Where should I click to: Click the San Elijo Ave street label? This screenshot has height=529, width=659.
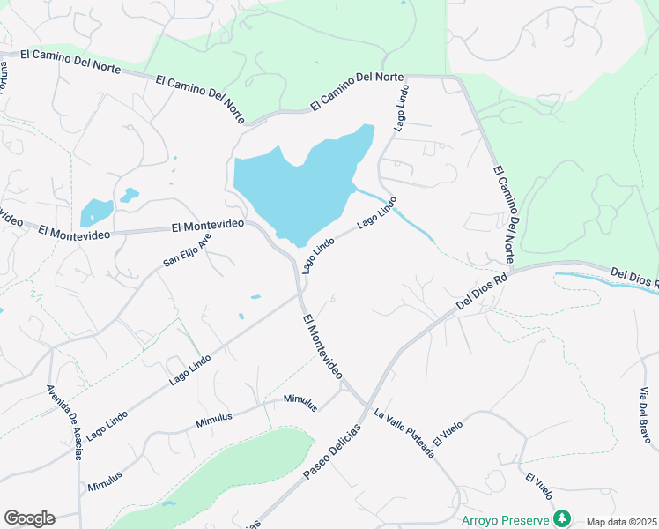[188, 250]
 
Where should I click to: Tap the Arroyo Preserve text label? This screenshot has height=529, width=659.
[505, 519]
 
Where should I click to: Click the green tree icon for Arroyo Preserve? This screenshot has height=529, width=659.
[560, 518]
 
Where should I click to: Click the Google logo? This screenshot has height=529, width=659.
[29, 518]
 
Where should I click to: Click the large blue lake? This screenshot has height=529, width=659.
[300, 185]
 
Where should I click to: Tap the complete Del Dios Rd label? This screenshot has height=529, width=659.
[483, 290]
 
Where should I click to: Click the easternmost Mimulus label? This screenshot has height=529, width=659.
[300, 402]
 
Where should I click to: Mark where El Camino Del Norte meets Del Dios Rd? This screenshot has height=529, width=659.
[514, 267]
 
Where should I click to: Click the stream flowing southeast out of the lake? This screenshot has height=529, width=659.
[396, 212]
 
